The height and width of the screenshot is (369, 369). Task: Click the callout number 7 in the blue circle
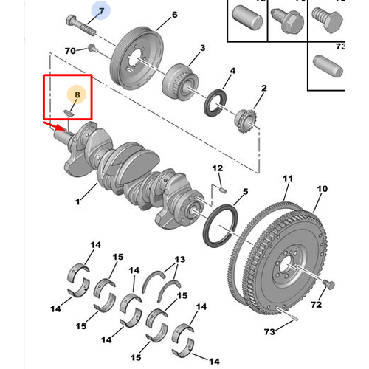coord(102,11)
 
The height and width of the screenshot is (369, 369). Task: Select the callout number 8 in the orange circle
coord(77,94)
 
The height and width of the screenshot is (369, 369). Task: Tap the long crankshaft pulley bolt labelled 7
coord(81,25)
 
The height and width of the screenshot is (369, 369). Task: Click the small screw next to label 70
coord(93,48)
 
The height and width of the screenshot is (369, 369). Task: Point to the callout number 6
coord(175,15)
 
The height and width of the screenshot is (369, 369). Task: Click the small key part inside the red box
coord(69,112)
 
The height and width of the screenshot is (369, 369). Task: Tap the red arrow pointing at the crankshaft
coord(54,125)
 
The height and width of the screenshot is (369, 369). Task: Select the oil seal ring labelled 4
coord(215,103)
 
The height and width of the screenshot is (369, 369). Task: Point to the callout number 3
coord(202,48)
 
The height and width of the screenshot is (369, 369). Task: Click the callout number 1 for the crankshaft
coord(77,201)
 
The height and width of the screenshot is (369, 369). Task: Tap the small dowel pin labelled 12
coord(223,190)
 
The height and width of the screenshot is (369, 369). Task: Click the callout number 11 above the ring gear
coord(288,179)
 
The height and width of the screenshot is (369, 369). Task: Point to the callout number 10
coord(323,189)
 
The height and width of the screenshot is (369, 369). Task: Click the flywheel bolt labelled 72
coord(328,285)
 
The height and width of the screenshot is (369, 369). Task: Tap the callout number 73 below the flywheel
coord(269,332)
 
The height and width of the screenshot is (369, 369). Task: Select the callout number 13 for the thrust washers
coord(180,259)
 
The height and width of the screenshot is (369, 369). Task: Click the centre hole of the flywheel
coord(286,266)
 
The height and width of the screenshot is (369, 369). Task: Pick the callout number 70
coord(70,51)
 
